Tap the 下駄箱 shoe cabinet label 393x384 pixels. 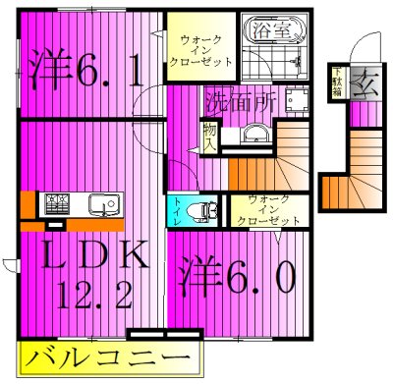[x=336, y=78]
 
